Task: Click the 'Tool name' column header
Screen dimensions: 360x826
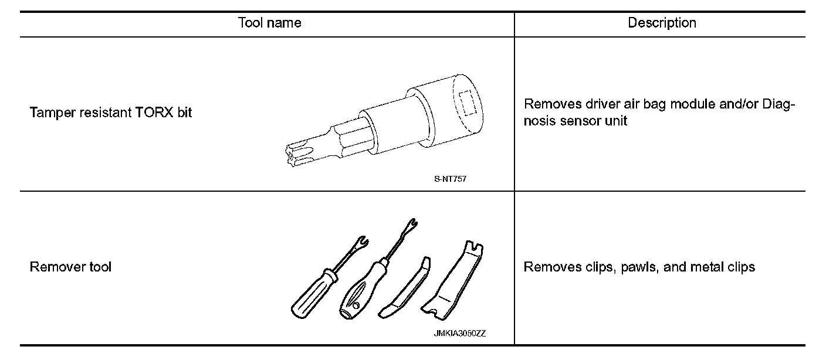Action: pos(269,23)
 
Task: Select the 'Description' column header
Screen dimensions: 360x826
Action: pos(662,23)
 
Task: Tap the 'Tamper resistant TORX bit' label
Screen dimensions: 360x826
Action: pos(111,113)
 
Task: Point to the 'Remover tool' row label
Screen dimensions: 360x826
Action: pos(70,267)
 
